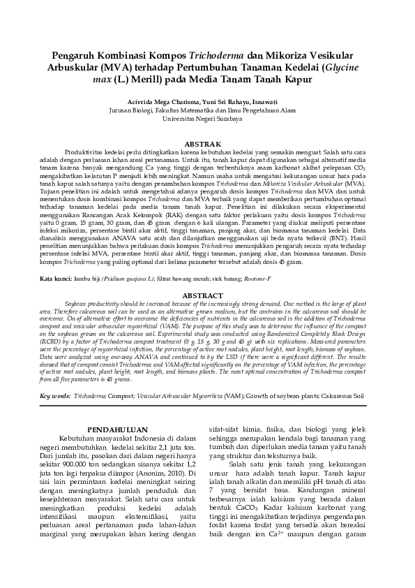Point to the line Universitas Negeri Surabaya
click(x=207, y=119)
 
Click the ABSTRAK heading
click(x=207, y=144)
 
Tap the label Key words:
click(x=56, y=395)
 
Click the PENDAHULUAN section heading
click(x=117, y=430)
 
